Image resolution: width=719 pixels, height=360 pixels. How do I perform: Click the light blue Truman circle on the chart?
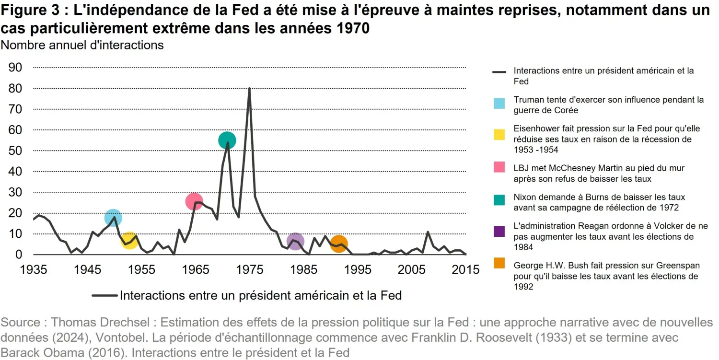pos(113,218)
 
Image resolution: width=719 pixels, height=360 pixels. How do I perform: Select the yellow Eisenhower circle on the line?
pos(129,240)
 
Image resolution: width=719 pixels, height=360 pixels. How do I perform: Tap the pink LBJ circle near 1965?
pos(194,201)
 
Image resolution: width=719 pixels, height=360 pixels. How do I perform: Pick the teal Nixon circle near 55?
pos(227,140)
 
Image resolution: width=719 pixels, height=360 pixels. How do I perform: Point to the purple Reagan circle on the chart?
pos(296,241)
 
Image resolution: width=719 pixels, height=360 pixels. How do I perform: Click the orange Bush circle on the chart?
pos(339,244)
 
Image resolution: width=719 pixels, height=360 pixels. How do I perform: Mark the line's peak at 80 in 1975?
pos(249,89)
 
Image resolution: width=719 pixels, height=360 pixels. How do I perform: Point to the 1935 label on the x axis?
pos(34,269)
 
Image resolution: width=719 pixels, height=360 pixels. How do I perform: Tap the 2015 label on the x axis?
pos(465,269)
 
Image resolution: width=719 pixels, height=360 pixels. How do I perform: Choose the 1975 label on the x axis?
pos(249,269)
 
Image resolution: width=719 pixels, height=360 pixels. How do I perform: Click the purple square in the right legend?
pos(499,232)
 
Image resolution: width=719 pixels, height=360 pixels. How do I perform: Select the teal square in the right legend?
pos(499,202)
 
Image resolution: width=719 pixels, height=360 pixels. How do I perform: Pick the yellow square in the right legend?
pos(499,134)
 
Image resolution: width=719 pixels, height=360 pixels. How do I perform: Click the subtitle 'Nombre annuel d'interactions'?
pos(82,45)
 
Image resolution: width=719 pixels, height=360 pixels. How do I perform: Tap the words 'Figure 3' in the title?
pos(31,10)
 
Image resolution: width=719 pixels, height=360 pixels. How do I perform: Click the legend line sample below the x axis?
pos(104,295)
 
